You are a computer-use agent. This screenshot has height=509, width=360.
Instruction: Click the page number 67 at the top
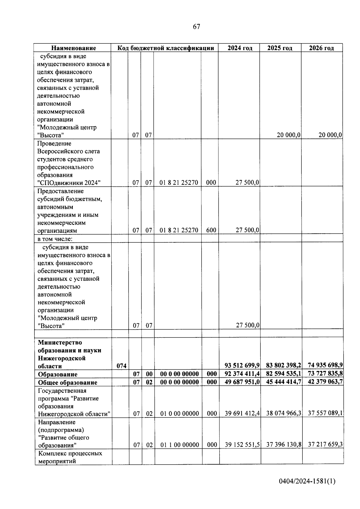196,27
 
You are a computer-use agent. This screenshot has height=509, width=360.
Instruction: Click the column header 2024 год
240,48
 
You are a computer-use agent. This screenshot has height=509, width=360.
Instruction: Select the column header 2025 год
280,48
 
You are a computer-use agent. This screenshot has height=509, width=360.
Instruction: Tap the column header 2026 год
321,48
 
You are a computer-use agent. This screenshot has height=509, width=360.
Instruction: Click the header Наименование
73,48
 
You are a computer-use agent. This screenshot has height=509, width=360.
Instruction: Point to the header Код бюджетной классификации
165,48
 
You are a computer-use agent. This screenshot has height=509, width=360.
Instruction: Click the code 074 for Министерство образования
121,366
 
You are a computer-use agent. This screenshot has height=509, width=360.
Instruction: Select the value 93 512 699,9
242,365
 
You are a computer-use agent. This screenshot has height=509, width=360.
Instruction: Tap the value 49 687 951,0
242,382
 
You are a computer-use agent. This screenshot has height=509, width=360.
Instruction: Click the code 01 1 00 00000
179,445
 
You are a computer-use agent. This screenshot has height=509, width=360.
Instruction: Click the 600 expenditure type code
211,230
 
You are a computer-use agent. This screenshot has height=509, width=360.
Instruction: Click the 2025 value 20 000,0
289,135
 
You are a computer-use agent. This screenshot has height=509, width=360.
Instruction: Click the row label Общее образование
67,382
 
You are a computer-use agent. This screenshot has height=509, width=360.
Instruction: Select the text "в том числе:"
55,239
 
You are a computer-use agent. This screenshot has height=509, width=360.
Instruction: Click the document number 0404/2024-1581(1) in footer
307,482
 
